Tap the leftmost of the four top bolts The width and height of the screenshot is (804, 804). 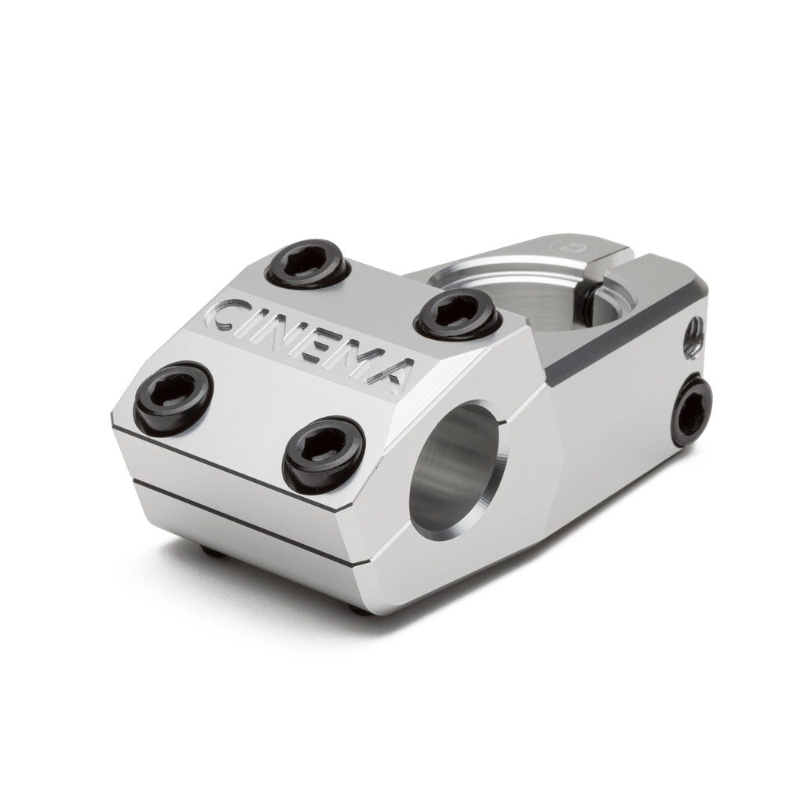tap(174, 392)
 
